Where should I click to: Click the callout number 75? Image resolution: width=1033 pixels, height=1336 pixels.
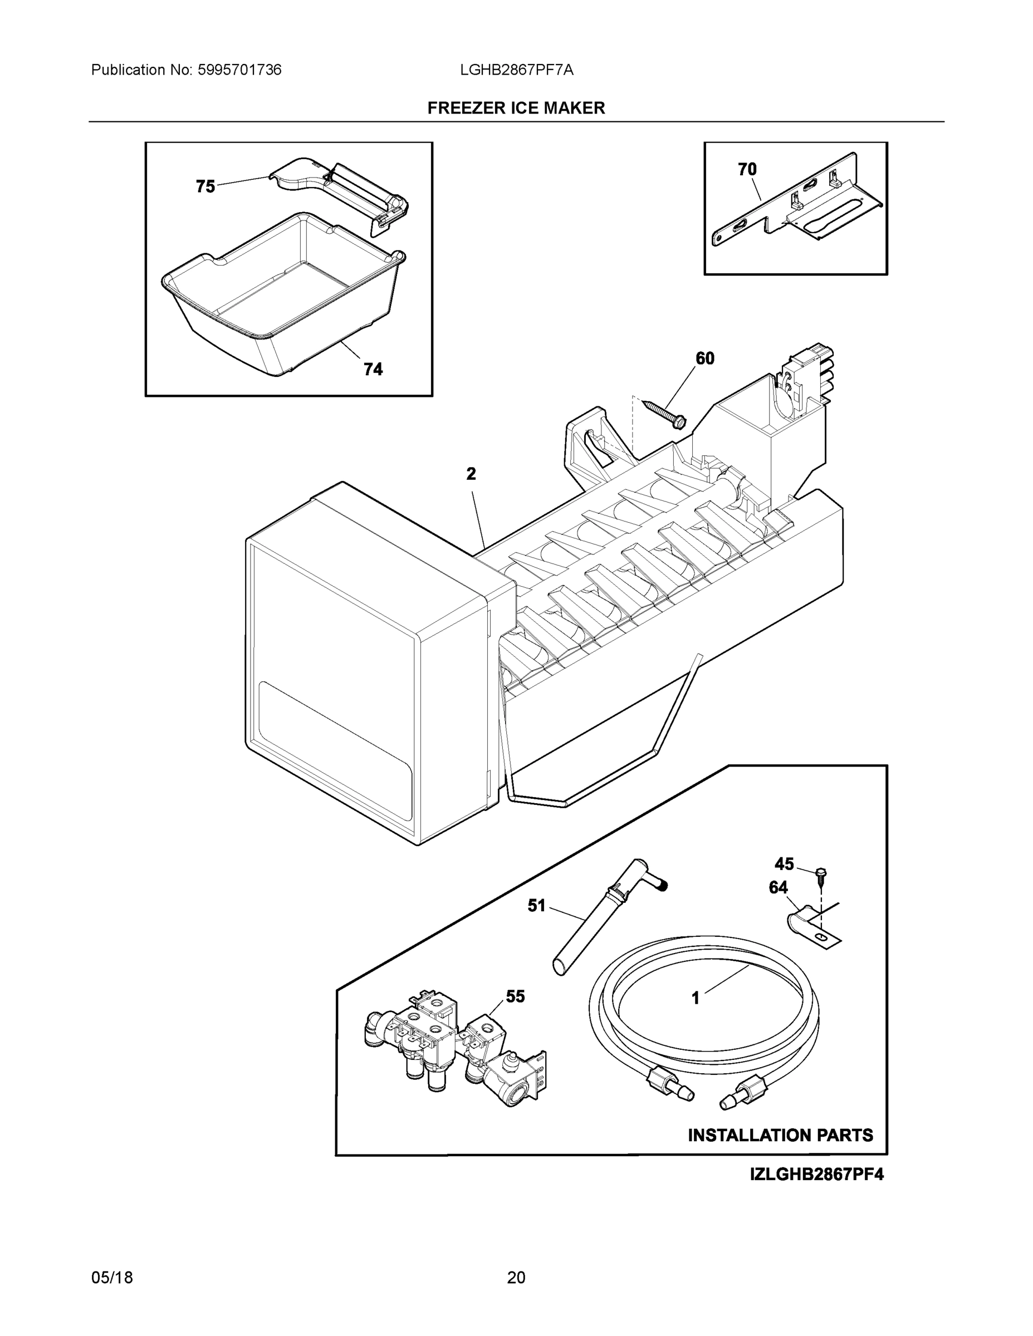coord(205,186)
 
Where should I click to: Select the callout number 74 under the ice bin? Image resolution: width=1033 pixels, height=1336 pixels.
coord(373,370)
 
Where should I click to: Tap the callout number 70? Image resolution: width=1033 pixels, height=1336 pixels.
coord(747,169)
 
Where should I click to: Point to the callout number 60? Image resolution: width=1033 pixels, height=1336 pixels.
coord(705,358)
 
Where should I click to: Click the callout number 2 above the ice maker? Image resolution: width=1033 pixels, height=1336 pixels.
coord(471,474)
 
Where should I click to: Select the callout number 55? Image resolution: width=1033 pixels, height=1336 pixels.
coord(515,996)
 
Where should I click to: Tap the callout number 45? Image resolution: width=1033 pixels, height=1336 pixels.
coord(784,864)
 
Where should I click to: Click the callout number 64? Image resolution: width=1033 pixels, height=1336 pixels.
coord(778,888)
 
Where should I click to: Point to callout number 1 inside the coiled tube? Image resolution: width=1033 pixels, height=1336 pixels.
coord(695,998)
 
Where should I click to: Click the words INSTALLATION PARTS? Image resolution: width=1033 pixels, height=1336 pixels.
coord(780,1136)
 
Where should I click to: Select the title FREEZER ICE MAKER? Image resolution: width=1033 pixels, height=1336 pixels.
coord(516,109)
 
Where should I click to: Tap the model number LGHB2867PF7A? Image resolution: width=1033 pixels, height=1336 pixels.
coord(517,70)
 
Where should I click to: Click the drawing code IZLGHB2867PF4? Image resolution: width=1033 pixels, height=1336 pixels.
coord(816,1175)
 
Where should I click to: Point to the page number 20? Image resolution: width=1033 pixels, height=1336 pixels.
coord(516,1278)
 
